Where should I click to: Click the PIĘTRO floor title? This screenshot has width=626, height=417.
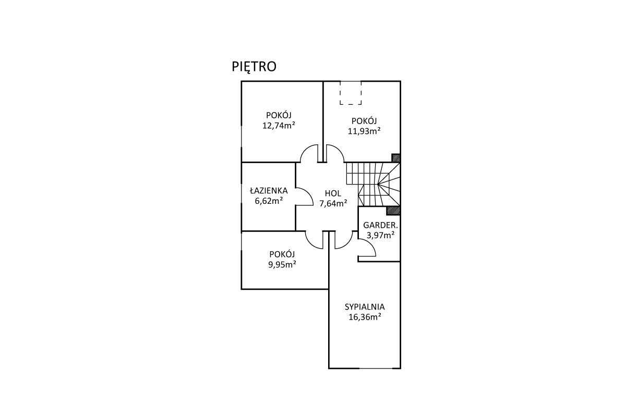[x=254, y=67]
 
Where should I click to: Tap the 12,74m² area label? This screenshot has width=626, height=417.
[x=279, y=126]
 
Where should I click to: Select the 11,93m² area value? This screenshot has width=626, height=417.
[x=364, y=131]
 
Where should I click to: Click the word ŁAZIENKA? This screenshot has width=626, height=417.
[x=269, y=190]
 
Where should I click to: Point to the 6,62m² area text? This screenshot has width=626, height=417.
[x=269, y=201]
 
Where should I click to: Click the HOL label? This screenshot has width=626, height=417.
[x=333, y=193]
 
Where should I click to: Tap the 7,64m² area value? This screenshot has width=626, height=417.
[x=333, y=203]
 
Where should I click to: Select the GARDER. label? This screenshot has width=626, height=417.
[x=380, y=225]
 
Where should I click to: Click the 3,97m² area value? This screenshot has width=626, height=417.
[x=380, y=235]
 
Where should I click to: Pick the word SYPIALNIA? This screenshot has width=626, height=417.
[x=365, y=307]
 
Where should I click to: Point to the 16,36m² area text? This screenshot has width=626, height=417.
[x=365, y=317]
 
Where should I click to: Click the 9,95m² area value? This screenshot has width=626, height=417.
[x=282, y=264]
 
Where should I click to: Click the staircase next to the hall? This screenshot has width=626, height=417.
[x=374, y=185]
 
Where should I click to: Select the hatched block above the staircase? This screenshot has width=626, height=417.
[x=396, y=158]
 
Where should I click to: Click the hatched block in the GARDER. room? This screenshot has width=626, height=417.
[x=393, y=211]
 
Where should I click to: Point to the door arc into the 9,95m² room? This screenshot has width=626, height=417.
[x=310, y=243]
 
